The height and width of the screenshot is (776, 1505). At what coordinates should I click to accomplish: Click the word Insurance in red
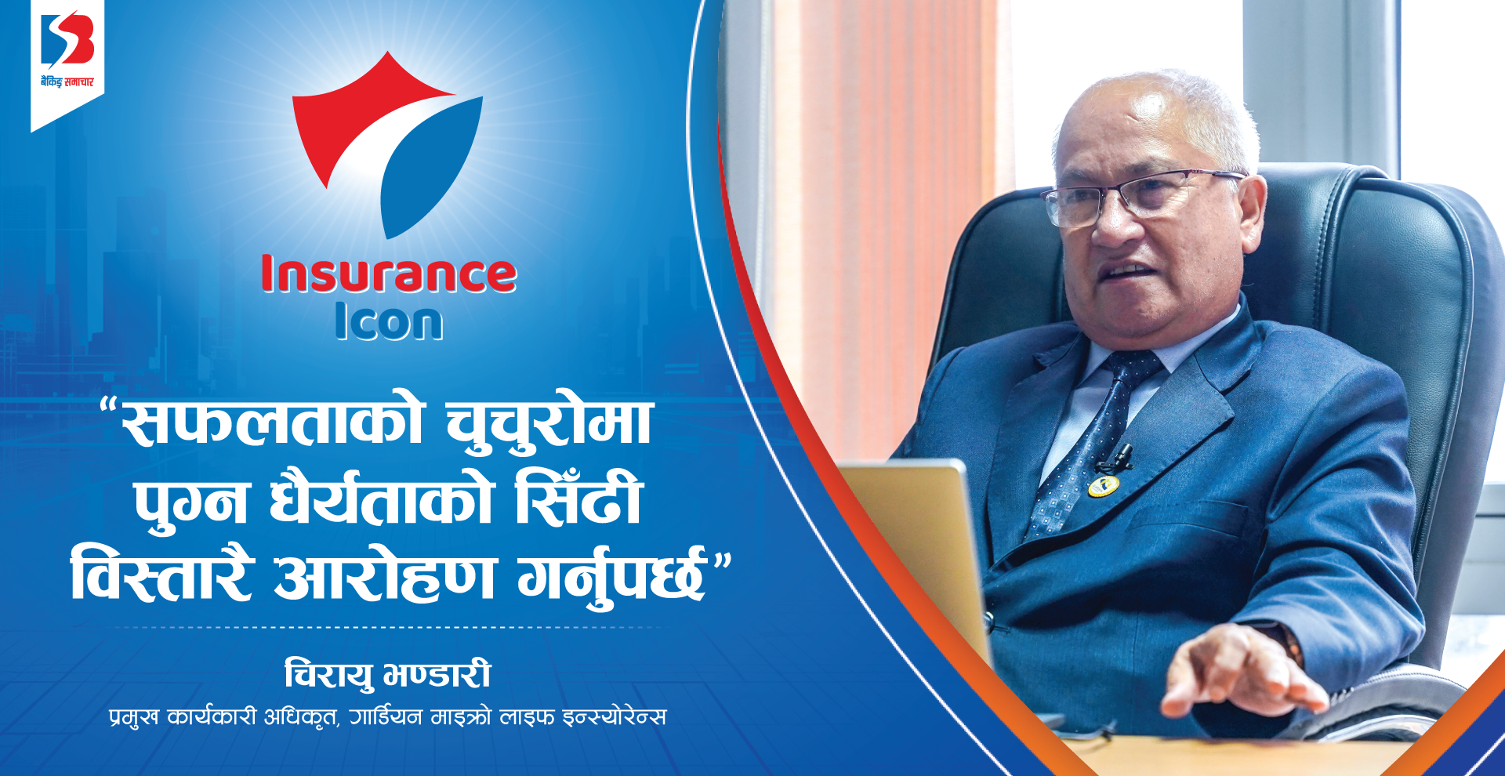coord(389,274)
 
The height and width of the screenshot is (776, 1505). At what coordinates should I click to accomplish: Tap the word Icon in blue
coord(389,321)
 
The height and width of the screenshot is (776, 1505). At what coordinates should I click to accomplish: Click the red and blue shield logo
coord(388,145)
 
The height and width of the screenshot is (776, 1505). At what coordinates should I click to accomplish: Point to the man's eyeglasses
coord(1137,196)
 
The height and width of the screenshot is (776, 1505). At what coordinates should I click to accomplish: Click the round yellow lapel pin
coord(1102,486)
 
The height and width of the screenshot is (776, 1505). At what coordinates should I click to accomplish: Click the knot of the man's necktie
coord(1134,367)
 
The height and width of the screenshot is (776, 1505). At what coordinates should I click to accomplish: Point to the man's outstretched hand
coord(1238,670)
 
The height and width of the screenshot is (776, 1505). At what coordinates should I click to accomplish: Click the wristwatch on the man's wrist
coord(1286,639)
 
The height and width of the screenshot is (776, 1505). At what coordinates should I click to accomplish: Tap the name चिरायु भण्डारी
coord(388,674)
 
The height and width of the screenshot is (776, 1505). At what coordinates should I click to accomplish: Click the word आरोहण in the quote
coord(384,575)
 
